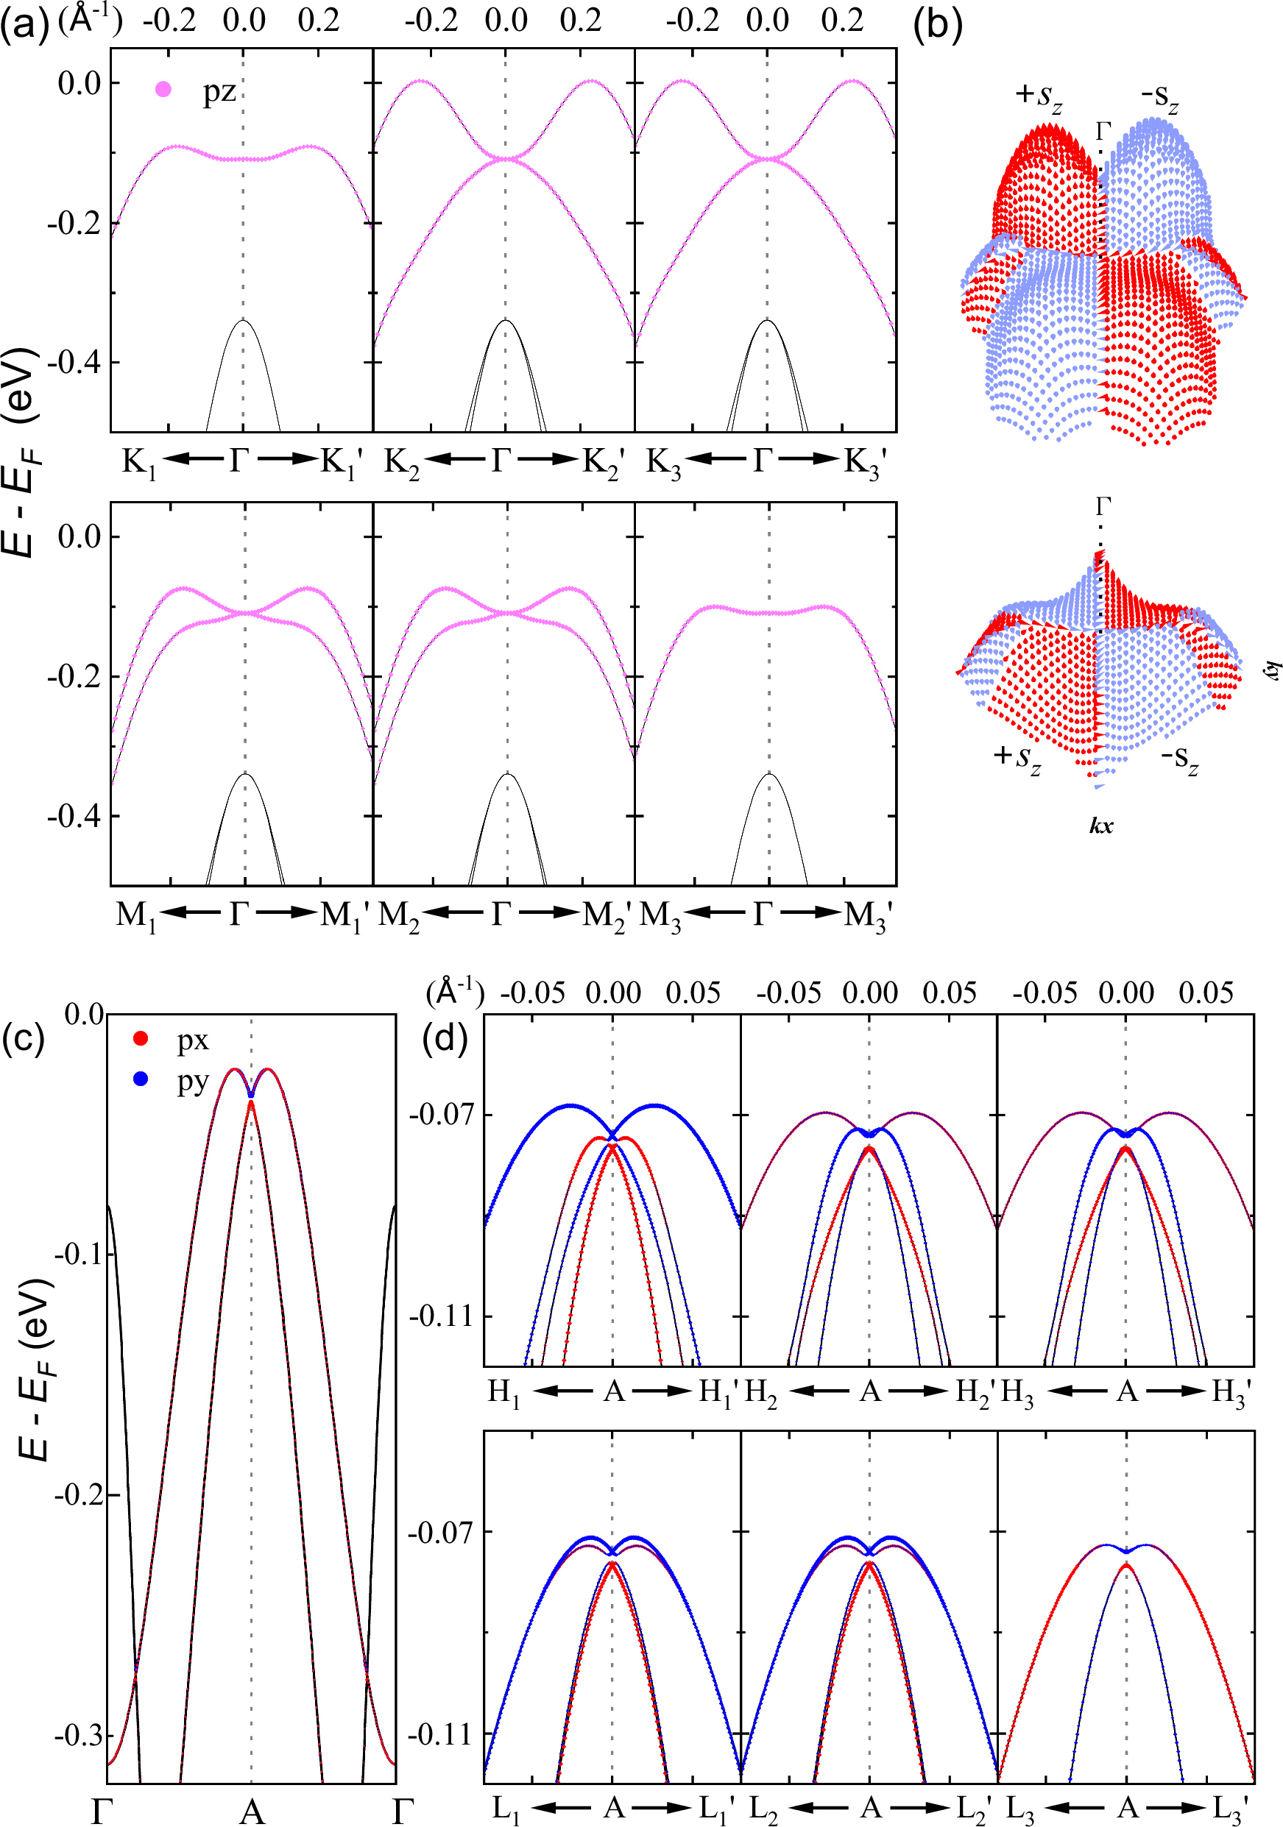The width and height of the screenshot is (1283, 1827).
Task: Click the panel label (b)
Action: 938,26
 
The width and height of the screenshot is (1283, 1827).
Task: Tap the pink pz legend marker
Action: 163,90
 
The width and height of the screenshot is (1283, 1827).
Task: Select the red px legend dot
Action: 141,1038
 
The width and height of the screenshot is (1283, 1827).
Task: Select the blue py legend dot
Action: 141,1080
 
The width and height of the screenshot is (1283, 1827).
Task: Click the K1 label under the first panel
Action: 138,462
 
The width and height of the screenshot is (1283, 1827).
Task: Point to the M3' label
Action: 869,916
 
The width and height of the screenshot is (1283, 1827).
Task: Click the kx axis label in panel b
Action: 1100,826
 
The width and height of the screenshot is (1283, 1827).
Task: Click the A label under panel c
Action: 252,1812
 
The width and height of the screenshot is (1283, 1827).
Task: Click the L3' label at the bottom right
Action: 1232,1809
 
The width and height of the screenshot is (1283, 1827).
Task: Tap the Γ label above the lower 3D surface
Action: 1103,506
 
